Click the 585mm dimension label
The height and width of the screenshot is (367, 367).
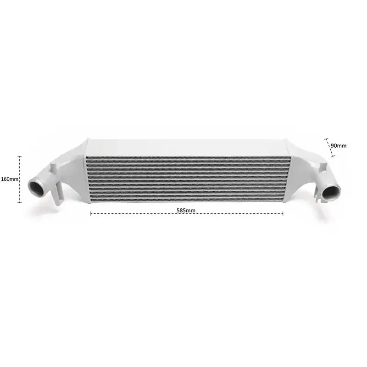click(x=187, y=210)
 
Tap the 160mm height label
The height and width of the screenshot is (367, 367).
click(x=9, y=179)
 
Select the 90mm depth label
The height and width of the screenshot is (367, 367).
click(x=339, y=145)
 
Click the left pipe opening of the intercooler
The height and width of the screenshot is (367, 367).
click(x=36, y=188)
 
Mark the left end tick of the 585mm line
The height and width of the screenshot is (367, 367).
click(x=91, y=213)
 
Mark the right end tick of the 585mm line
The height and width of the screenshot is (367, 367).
click(x=283, y=213)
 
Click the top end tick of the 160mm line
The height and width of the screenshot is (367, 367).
click(x=20, y=156)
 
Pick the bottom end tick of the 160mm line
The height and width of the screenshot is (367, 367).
click(x=20, y=202)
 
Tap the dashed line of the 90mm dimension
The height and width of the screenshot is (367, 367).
click(x=330, y=147)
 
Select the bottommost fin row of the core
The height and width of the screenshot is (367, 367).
click(x=188, y=200)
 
